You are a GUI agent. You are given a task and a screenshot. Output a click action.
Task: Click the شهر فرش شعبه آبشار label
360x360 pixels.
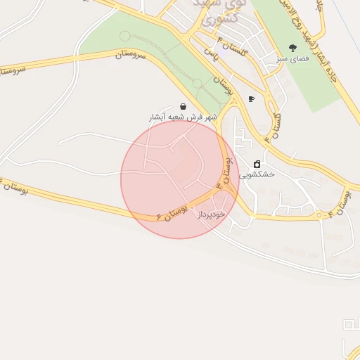183,117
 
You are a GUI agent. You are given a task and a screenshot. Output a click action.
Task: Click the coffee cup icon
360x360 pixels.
251,99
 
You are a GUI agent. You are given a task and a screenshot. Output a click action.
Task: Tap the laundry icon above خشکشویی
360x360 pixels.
256,163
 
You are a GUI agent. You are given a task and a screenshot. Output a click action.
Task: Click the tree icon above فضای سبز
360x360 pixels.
293,48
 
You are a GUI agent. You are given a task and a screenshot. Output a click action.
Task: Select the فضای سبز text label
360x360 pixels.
293,59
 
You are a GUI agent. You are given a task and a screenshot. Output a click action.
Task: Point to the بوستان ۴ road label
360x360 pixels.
342,199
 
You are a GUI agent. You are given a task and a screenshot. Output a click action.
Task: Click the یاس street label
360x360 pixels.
209,53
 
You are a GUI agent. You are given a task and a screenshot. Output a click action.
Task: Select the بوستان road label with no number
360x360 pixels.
224,86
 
